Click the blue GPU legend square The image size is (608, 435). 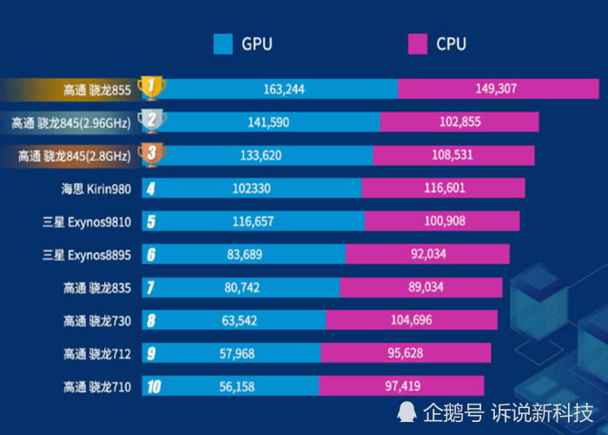222,43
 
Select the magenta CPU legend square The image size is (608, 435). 418,43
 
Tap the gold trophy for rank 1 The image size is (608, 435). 152,87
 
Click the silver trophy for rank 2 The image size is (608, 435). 152,121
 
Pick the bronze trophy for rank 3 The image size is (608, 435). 152,155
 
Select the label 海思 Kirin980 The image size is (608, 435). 96,189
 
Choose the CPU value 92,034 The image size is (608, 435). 427,255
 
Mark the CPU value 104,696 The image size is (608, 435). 412,321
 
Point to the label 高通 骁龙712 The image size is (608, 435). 96,354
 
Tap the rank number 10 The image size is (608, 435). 154,387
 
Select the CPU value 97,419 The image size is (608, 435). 401,387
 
